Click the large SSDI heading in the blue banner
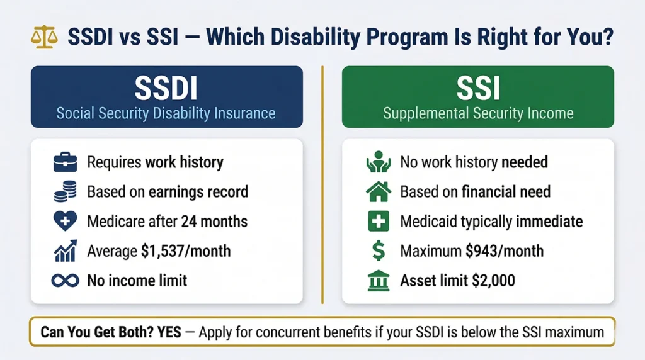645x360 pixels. [x=166, y=87]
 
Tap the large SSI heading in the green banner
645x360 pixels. [x=478, y=87]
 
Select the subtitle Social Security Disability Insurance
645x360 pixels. [x=166, y=113]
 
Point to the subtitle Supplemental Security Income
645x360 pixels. [x=478, y=114]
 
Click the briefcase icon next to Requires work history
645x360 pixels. [x=66, y=162]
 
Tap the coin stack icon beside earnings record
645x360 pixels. [x=66, y=192]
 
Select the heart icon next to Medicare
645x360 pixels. [x=66, y=222]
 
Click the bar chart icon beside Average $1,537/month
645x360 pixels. [x=66, y=251]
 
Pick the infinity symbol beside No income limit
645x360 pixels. [x=66, y=280]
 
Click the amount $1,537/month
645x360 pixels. [x=186, y=251]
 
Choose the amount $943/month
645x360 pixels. [x=505, y=251]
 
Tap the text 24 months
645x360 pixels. [x=214, y=222]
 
